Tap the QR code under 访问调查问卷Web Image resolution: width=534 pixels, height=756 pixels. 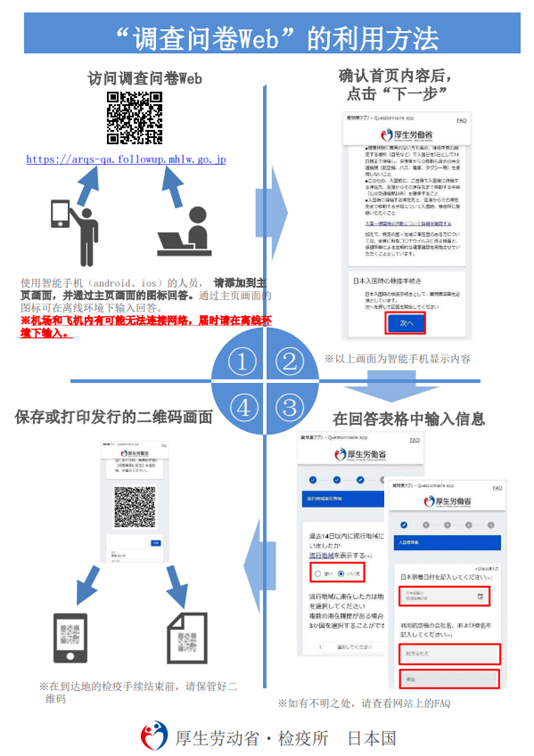134,118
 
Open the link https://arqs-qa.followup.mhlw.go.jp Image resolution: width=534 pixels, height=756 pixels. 126,160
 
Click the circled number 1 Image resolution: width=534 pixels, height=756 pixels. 241,361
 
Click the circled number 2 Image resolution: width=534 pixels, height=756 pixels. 290,361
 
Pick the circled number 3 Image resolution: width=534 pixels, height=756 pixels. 290,407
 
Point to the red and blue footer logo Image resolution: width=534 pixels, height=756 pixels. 154,735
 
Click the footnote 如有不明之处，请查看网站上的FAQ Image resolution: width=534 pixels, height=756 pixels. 364,703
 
